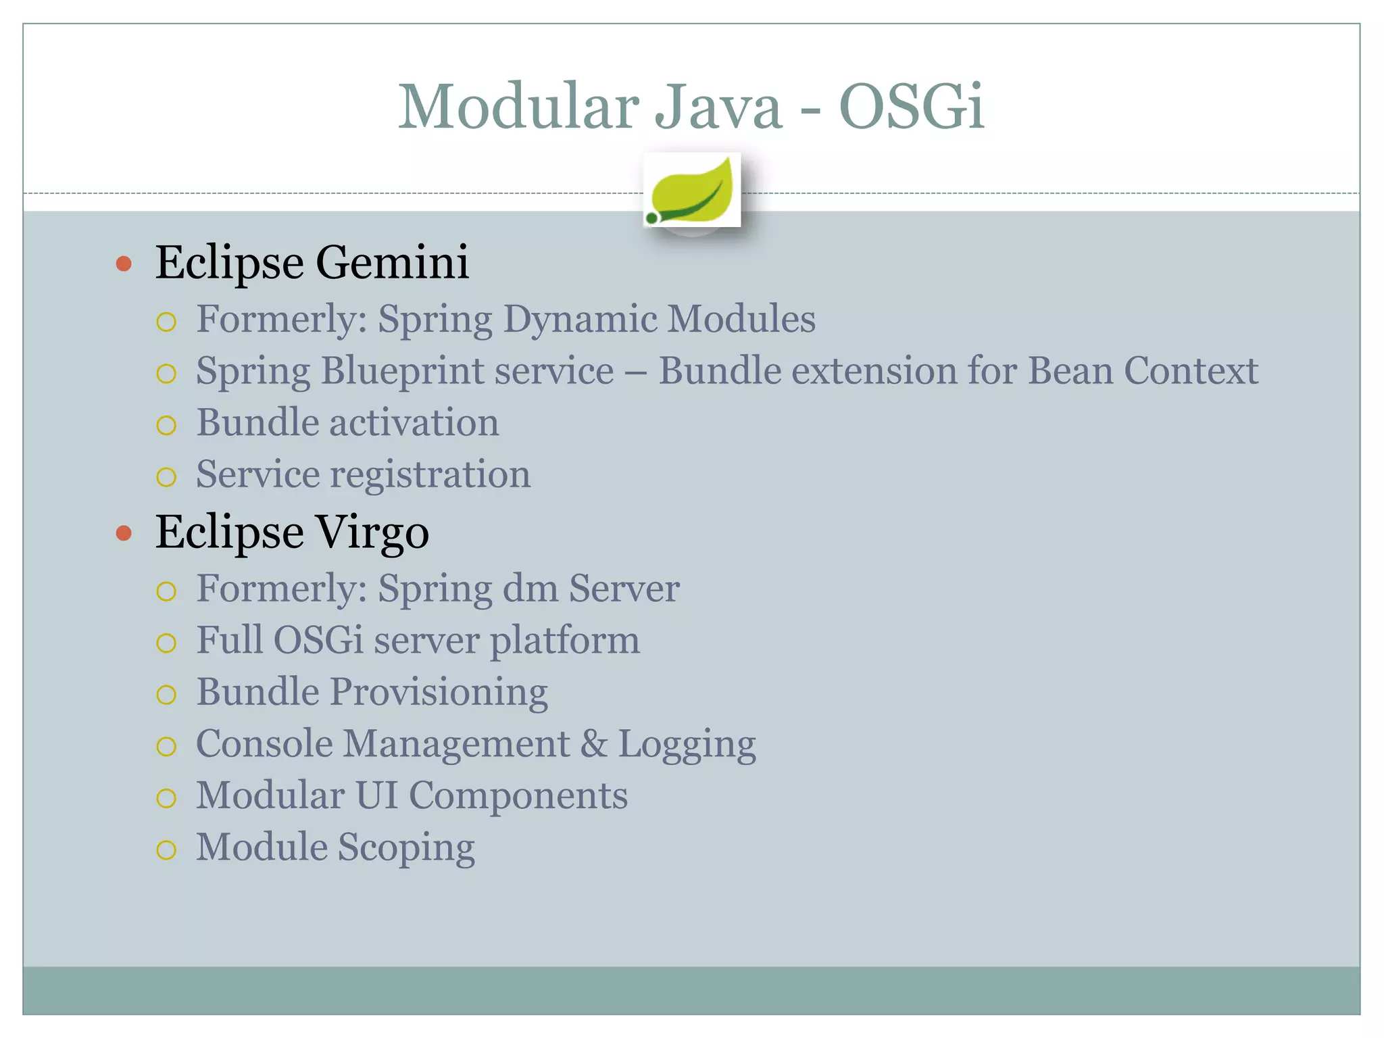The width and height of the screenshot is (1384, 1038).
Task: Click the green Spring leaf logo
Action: (x=692, y=191)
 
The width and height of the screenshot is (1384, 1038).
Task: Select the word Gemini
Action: (x=392, y=262)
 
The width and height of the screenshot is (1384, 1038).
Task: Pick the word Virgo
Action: (x=372, y=532)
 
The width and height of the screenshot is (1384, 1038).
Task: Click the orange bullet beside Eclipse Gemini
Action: (x=124, y=264)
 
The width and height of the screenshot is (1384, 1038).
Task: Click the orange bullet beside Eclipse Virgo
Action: (x=124, y=533)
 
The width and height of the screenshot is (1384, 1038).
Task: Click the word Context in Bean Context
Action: (x=1191, y=371)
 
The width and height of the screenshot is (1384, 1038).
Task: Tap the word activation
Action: (x=414, y=423)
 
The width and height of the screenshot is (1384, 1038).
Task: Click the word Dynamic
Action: (x=579, y=319)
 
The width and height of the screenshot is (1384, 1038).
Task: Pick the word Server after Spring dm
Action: (x=624, y=589)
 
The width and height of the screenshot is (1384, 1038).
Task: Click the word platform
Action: (x=564, y=641)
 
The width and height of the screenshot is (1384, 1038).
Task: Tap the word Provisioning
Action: (x=439, y=693)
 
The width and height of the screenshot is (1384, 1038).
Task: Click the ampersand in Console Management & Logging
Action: (x=594, y=744)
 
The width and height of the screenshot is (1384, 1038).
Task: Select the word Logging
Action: (x=687, y=745)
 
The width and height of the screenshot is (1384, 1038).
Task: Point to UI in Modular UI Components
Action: (x=376, y=795)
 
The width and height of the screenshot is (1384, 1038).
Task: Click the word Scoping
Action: (x=406, y=848)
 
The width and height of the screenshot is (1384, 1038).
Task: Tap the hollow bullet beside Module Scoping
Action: (x=166, y=849)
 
